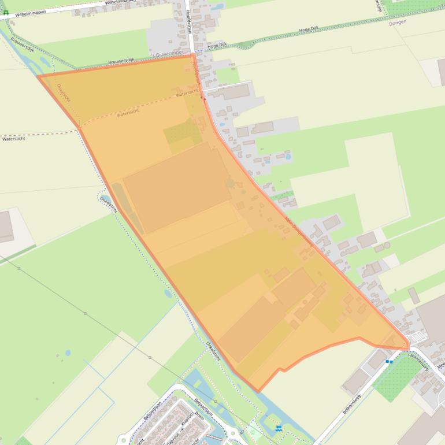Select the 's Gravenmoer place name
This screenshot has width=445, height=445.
[172, 55]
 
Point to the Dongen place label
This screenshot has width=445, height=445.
[398, 22]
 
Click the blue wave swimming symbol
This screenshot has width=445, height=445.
[279, 428]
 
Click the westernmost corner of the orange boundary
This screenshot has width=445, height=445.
[38, 76]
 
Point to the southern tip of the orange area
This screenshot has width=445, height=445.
[259, 391]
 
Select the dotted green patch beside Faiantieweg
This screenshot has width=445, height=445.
[399, 376]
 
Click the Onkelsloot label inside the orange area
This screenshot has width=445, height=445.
[62, 95]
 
